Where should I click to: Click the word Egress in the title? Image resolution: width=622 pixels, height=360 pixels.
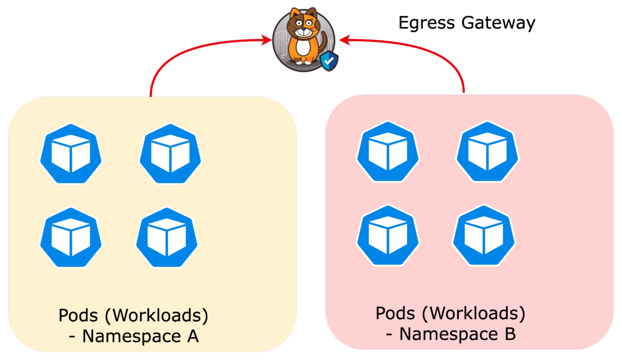click(x=426, y=23)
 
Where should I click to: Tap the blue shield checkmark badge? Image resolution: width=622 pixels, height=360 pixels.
click(x=329, y=61)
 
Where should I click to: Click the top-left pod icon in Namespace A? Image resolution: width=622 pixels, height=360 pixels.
click(x=71, y=154)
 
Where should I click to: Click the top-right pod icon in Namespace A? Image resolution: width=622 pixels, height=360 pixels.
click(x=170, y=154)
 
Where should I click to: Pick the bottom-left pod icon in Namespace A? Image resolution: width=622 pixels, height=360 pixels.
click(x=71, y=238)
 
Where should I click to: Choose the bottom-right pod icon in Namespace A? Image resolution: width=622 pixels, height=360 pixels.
click(x=167, y=238)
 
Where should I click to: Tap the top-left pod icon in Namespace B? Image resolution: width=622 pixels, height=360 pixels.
click(x=388, y=152)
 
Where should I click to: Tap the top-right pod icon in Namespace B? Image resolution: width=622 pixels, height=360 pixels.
click(x=488, y=152)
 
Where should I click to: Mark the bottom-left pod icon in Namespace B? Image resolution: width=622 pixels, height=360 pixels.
click(x=388, y=235)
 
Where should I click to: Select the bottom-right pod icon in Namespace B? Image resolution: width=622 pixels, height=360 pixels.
click(x=484, y=235)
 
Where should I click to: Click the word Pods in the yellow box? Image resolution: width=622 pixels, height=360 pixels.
click(x=78, y=315)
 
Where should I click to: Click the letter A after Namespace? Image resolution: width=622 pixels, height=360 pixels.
click(x=193, y=336)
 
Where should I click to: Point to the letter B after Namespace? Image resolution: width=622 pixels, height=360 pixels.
click(x=510, y=334)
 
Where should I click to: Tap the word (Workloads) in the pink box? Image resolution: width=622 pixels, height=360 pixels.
click(x=473, y=313)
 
